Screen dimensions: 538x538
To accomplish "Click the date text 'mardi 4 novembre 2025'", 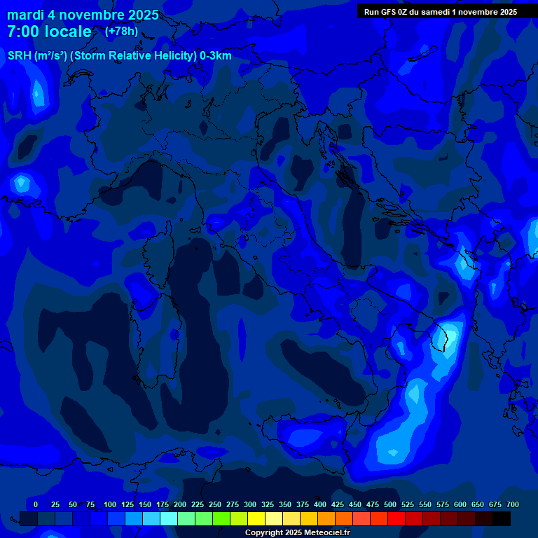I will pyautogui.click(x=83, y=15).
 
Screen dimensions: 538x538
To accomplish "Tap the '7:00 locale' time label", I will pyautogui.click(x=49, y=32).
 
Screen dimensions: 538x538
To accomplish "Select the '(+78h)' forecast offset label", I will pyautogui.click(x=121, y=31).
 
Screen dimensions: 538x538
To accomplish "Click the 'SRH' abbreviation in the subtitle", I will pyautogui.click(x=19, y=56).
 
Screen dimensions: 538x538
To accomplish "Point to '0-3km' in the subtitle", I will pyautogui.click(x=216, y=56).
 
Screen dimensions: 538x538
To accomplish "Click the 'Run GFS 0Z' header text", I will pyautogui.click(x=389, y=12).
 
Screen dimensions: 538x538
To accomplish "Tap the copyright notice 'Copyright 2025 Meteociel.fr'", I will pyautogui.click(x=297, y=532).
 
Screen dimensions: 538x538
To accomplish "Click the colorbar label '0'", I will pyautogui.click(x=36, y=504).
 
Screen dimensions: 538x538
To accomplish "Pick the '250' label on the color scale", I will pyautogui.click(x=215, y=504).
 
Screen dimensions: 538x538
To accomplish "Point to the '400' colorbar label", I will pyautogui.click(x=320, y=504).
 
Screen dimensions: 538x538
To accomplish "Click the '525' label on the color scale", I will pyautogui.click(x=408, y=504).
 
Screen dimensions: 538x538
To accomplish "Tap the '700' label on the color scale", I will pyautogui.click(x=513, y=504).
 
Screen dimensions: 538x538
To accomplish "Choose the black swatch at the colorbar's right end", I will pyautogui.click(x=502, y=518).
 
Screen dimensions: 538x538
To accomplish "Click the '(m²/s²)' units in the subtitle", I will pyautogui.click(x=48, y=56).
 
